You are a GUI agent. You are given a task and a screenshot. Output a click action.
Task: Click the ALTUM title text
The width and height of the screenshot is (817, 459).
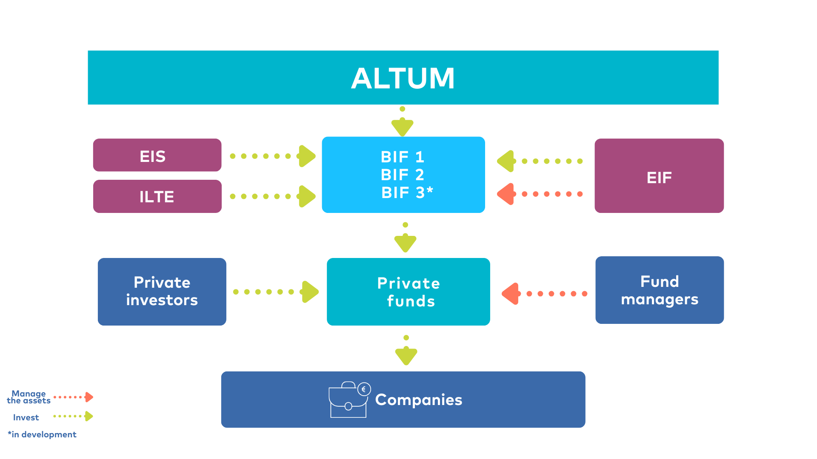tap(403, 78)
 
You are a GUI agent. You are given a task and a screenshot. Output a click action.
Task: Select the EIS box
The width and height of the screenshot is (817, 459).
tap(157, 155)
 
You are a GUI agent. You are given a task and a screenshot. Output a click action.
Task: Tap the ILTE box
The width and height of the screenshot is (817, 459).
tap(157, 196)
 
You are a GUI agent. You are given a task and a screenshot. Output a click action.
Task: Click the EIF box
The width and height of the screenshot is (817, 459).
tap(659, 176)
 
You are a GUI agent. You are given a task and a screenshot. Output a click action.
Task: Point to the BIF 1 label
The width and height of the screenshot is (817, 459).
tap(402, 157)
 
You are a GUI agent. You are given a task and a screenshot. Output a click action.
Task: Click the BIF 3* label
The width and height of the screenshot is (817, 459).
tap(407, 193)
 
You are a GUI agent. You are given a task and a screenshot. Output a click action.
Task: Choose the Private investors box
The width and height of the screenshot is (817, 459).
tap(162, 292)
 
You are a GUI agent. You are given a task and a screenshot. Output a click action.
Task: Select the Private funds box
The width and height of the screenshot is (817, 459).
tap(408, 292)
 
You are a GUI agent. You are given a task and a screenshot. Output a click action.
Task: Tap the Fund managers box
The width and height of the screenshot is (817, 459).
tap(659, 290)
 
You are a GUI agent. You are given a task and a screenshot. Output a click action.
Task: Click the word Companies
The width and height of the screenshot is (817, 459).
tap(418, 399)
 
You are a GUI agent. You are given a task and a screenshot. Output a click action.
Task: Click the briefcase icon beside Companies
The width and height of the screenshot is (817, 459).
tap(349, 399)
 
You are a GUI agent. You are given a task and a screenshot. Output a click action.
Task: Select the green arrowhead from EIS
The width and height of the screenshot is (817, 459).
tap(307, 156)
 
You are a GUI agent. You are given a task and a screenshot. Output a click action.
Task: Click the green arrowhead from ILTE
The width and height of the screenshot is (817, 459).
tap(307, 196)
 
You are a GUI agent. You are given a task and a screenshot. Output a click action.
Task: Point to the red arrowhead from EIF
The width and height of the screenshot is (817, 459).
tap(506, 194)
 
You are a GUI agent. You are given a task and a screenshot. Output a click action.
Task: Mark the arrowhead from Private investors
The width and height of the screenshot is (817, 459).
tap(310, 292)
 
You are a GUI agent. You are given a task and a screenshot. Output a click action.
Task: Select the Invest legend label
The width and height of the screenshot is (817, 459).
tap(26, 417)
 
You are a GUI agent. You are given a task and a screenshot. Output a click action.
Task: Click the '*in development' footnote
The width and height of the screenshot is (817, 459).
tap(42, 434)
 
